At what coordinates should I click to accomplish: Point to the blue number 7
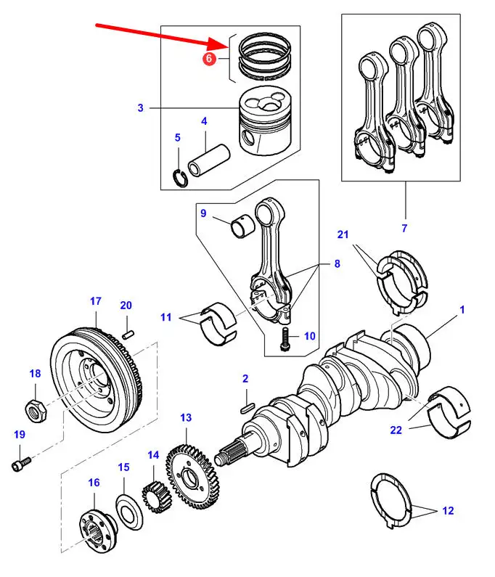pos(404,229)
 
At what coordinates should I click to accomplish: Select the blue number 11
pos(166,316)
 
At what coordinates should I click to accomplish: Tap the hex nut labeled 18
pos(36,411)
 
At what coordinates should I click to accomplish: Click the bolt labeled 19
pos(21,462)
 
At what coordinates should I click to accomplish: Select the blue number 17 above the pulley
pos(95,301)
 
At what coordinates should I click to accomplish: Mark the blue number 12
pos(448,511)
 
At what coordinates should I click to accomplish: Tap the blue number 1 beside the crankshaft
pos(462,310)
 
